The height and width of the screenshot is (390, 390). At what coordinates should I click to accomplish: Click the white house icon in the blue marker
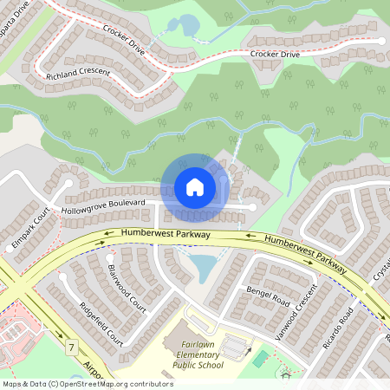195,187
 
